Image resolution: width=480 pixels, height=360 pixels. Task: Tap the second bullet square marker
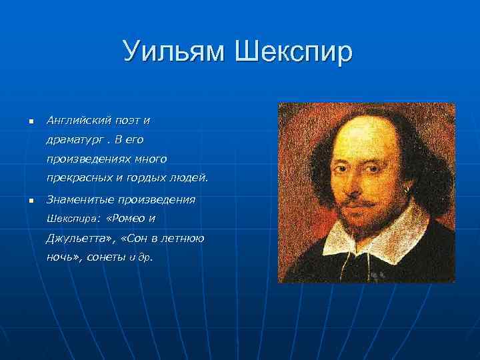[30, 200]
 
